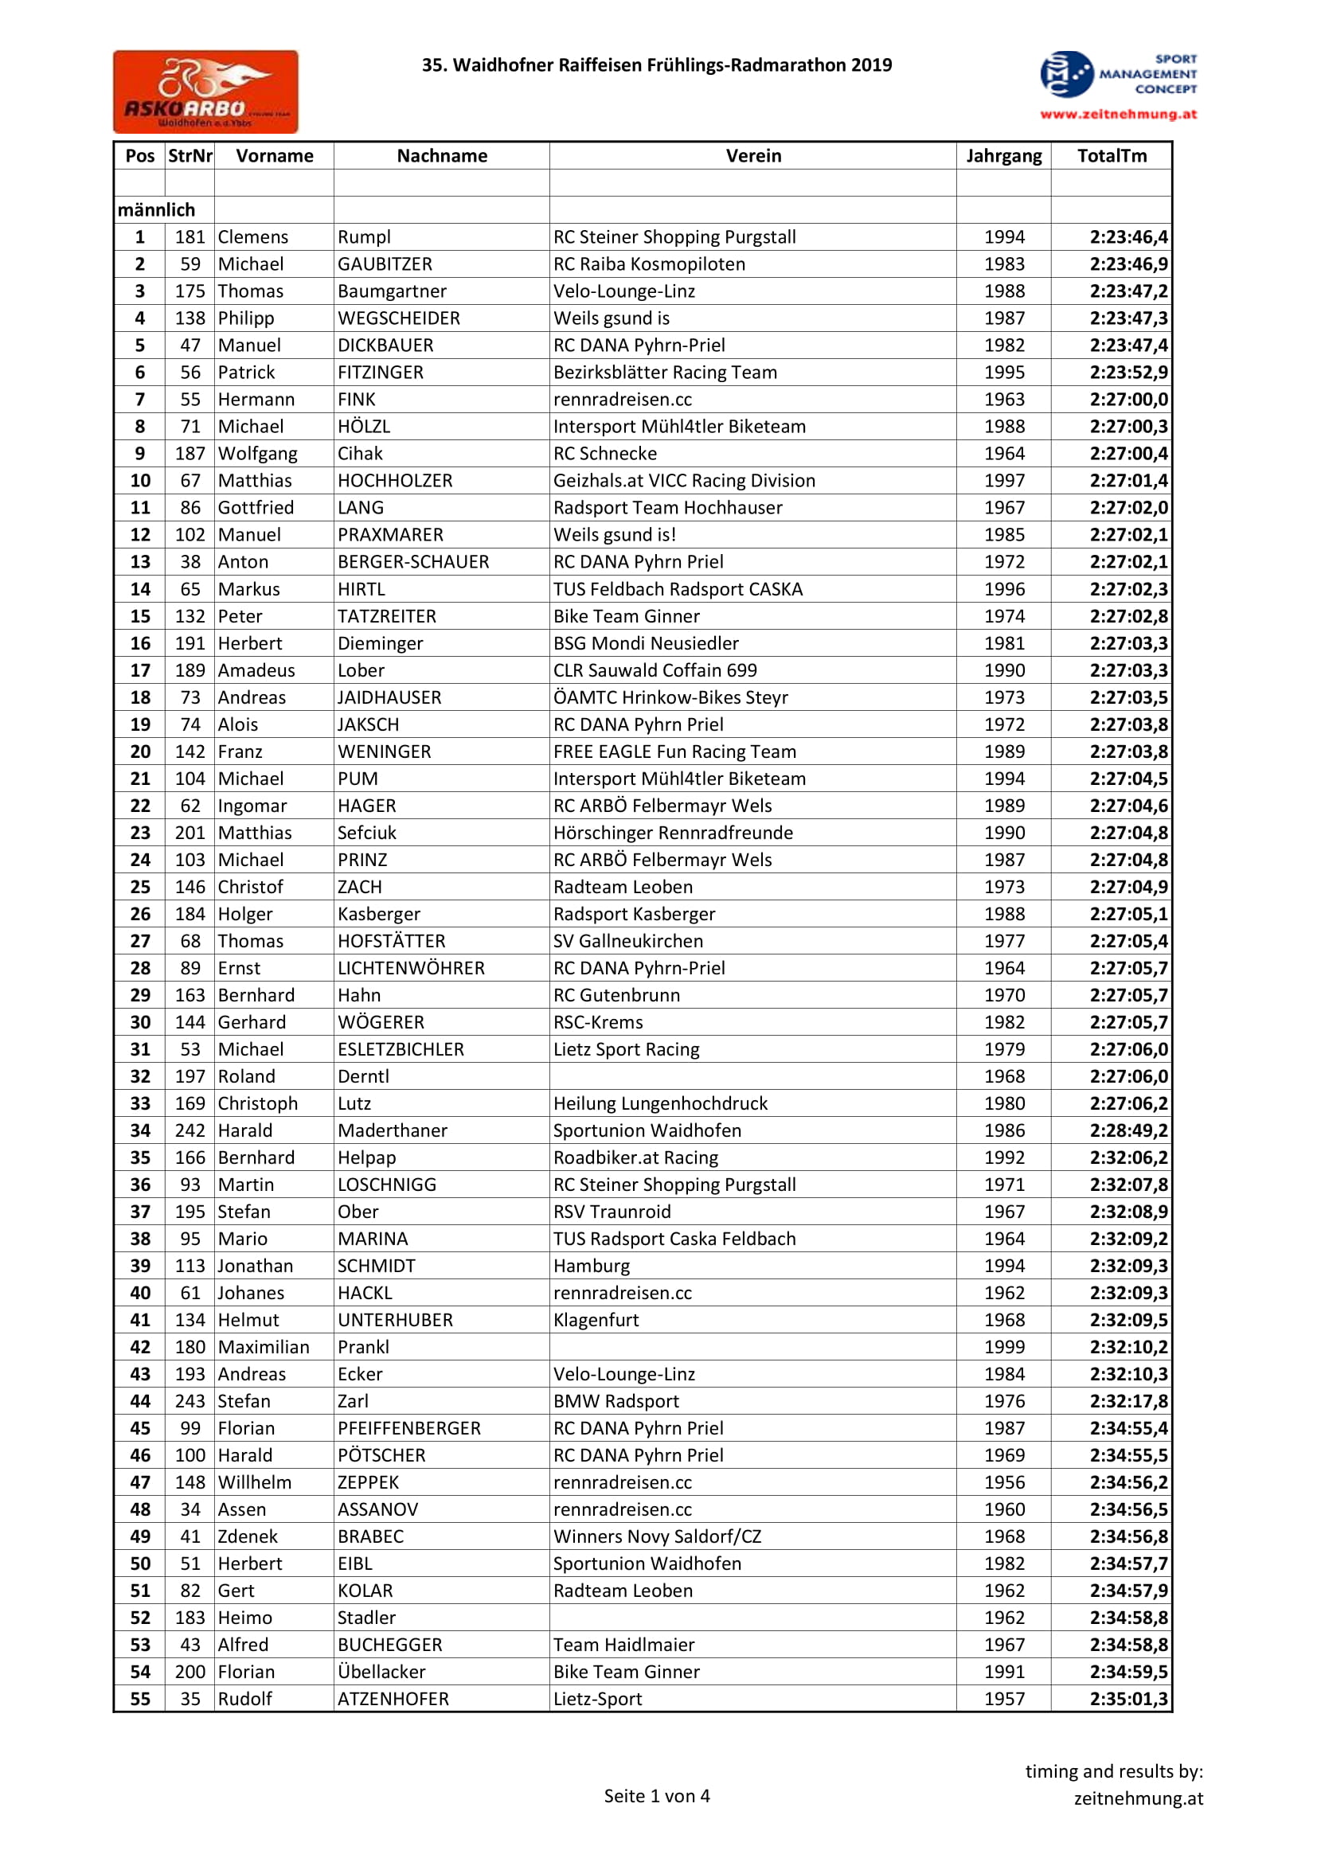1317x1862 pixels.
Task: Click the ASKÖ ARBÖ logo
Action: (205, 92)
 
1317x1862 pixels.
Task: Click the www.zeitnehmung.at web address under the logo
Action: (1118, 115)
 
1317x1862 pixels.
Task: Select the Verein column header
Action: (752, 156)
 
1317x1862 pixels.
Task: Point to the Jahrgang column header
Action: (1003, 156)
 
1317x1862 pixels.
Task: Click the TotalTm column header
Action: (1111, 156)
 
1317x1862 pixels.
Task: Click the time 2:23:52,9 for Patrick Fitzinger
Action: (1128, 373)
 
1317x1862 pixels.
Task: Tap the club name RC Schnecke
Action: (605, 453)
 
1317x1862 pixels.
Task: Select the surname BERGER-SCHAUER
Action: (412, 562)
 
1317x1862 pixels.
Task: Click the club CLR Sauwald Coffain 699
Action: (655, 669)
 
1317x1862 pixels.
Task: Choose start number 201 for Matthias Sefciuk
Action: (190, 833)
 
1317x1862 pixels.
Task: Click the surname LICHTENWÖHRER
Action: (410, 968)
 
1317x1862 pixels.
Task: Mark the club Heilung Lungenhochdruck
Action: (660, 1103)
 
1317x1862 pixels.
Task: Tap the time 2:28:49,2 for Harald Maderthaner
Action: (1128, 1130)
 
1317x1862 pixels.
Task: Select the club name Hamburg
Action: (591, 1266)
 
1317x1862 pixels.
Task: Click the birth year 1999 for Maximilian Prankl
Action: (1004, 1347)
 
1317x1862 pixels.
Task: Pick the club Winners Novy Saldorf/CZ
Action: (657, 1536)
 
